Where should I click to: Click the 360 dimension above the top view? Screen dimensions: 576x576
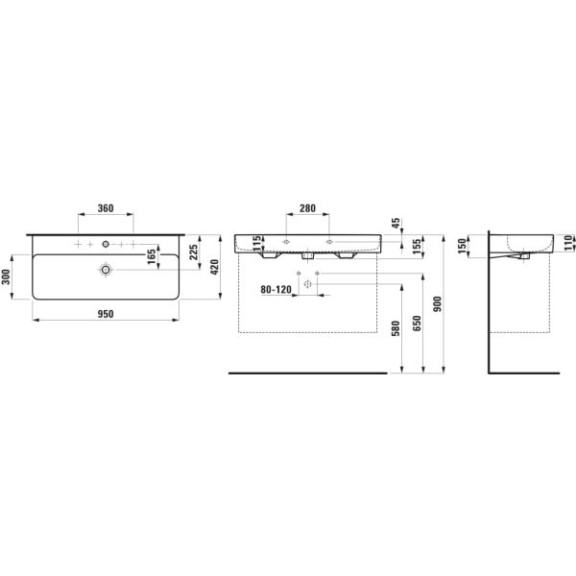[106, 208]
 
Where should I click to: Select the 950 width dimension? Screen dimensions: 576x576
[106, 314]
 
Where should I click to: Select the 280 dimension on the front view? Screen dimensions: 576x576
[307, 208]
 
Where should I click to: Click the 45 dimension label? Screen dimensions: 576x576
[396, 224]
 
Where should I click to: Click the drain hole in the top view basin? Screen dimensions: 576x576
[104, 272]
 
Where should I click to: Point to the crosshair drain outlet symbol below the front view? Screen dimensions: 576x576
[308, 285]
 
